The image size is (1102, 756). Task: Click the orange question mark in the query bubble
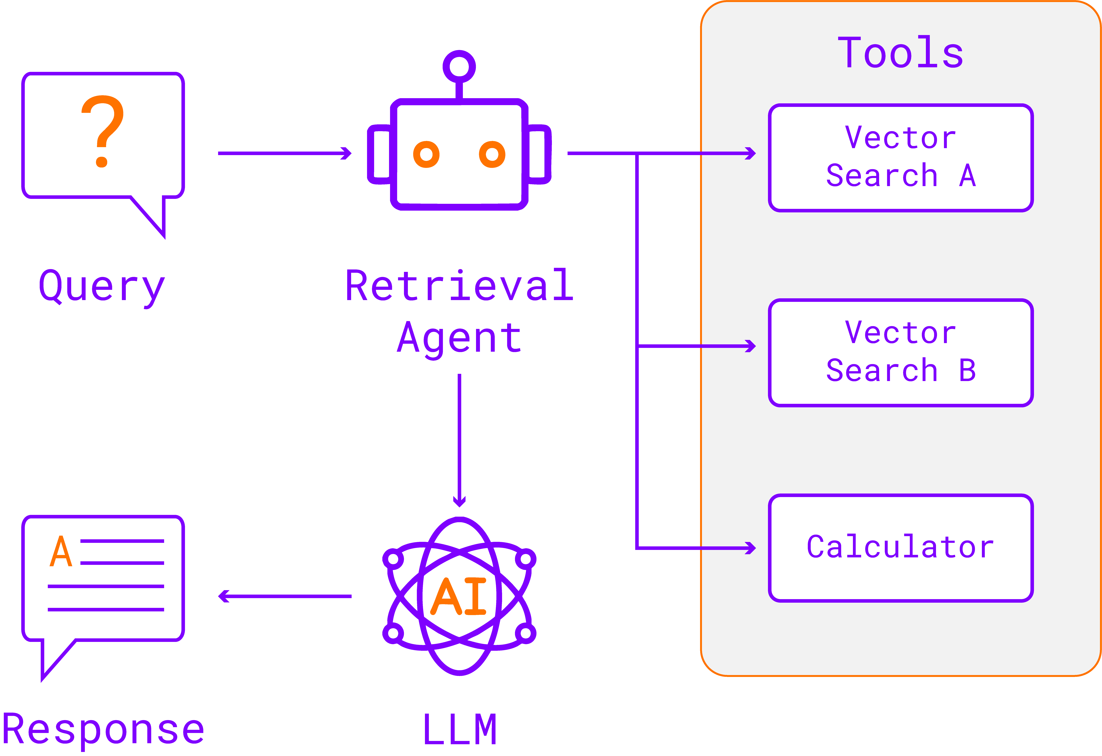point(102,131)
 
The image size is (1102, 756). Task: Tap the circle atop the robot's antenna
point(459,66)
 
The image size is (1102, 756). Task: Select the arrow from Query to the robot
point(284,153)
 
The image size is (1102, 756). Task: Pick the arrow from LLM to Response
point(284,596)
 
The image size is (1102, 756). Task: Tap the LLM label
point(459,729)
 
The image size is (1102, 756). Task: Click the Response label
point(103,729)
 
